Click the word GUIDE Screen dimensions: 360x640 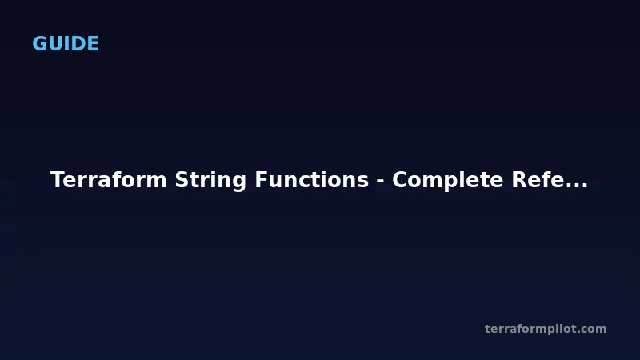[x=66, y=44]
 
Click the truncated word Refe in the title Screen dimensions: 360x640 [x=538, y=180]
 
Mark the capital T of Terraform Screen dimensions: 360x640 [x=57, y=180]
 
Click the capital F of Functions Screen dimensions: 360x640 [x=262, y=180]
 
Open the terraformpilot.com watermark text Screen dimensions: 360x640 [x=546, y=329]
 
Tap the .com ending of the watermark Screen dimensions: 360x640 [x=593, y=329]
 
